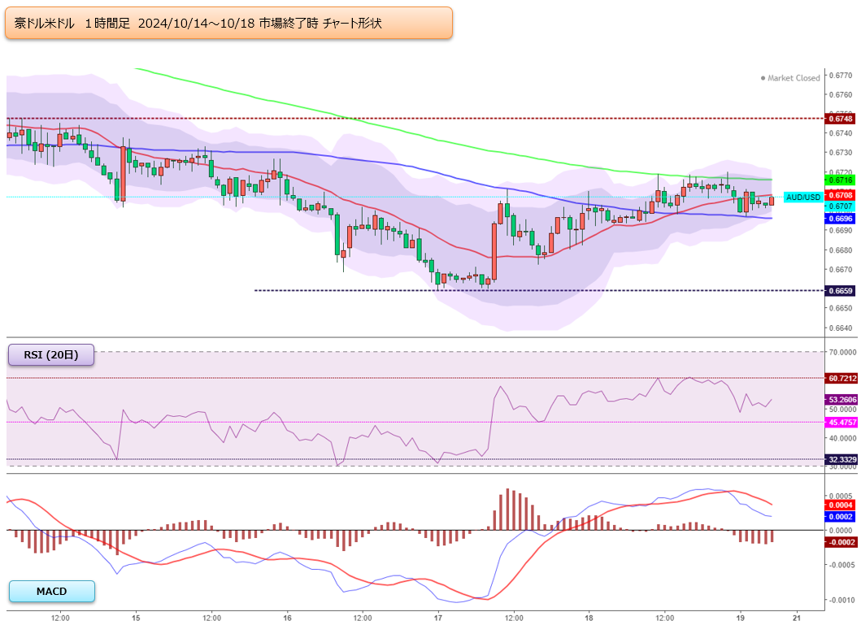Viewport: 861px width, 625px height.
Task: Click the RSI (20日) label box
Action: pyautogui.click(x=51, y=355)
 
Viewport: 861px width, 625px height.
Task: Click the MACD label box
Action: pyautogui.click(x=51, y=591)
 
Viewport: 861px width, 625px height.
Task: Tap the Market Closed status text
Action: pyautogui.click(x=790, y=78)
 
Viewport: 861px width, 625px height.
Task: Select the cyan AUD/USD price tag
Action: pyautogui.click(x=802, y=197)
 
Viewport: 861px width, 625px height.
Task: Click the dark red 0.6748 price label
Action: pyautogui.click(x=840, y=119)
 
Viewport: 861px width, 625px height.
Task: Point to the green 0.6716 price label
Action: pyautogui.click(x=840, y=180)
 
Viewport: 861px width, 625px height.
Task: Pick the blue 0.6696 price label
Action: pyautogui.click(x=840, y=219)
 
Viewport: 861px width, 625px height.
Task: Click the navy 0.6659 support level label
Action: pyautogui.click(x=840, y=291)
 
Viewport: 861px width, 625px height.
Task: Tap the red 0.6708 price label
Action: pyautogui.click(x=840, y=195)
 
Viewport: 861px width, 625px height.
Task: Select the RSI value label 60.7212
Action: pyautogui.click(x=841, y=378)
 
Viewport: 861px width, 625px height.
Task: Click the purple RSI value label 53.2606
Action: pyautogui.click(x=841, y=400)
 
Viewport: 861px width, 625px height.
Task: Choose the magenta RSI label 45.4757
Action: pyautogui.click(x=841, y=422)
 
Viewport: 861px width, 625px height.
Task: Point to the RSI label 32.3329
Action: pyautogui.click(x=841, y=459)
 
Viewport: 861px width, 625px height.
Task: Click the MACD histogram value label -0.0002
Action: pyautogui.click(x=841, y=542)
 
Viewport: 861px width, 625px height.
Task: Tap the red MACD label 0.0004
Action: pyautogui.click(x=840, y=505)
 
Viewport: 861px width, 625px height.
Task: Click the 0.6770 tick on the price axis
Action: pyautogui.click(x=841, y=75)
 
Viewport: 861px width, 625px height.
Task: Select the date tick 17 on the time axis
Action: pyautogui.click(x=437, y=618)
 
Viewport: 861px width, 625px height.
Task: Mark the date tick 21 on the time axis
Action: pyautogui.click(x=797, y=618)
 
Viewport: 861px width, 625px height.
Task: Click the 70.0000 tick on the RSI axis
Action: pyautogui.click(x=842, y=352)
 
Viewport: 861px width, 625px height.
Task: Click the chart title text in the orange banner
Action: pyautogui.click(x=198, y=23)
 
